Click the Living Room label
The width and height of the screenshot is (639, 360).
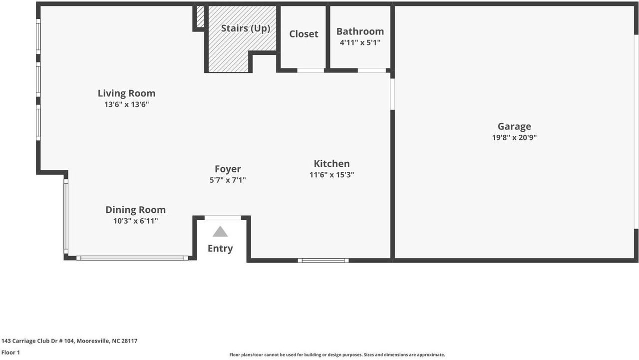[126, 93]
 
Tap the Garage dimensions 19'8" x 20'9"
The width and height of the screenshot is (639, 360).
[514, 138]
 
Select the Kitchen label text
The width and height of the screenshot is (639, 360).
[331, 164]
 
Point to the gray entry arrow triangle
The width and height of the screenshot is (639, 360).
[220, 232]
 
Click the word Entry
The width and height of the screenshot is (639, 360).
[220, 249]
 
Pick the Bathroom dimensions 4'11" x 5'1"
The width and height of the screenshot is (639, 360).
[360, 43]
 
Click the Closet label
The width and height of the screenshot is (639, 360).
[304, 34]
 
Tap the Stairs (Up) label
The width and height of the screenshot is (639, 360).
[246, 28]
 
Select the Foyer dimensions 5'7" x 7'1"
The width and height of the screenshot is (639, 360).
[228, 180]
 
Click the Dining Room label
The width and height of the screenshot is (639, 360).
[135, 210]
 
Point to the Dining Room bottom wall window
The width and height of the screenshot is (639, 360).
[132, 258]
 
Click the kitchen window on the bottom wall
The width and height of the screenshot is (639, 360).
[323, 260]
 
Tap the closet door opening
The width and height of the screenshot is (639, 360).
[311, 70]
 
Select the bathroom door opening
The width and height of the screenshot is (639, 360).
[371, 70]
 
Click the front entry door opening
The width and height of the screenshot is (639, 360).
[223, 218]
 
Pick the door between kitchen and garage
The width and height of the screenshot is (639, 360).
[392, 94]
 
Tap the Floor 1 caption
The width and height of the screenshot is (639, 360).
[10, 353]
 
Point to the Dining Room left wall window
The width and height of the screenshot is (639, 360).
[65, 216]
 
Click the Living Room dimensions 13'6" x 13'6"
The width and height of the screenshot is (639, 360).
[126, 105]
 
